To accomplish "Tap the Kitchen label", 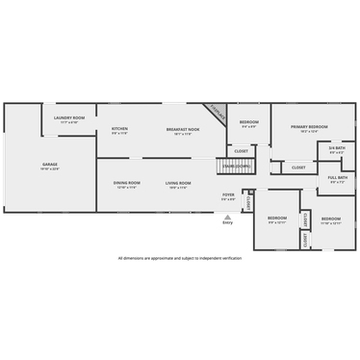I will click(x=119, y=129).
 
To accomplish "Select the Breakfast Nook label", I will click(x=182, y=129).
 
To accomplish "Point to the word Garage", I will click(x=50, y=165).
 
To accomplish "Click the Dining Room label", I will click(x=127, y=183).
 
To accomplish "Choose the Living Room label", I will click(x=178, y=183).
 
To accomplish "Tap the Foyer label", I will click(x=228, y=194).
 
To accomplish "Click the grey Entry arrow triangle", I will click(x=228, y=216).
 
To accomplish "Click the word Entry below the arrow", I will click(x=228, y=222).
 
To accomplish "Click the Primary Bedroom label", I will click(x=309, y=127).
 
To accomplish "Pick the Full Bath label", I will click(x=337, y=177).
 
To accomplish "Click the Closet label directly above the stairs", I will click(x=241, y=151).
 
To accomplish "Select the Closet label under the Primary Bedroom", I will click(x=298, y=167).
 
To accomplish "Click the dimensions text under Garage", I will click(x=50, y=169).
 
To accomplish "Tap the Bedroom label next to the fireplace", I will click(x=248, y=122).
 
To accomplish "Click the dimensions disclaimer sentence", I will click(x=180, y=258).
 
